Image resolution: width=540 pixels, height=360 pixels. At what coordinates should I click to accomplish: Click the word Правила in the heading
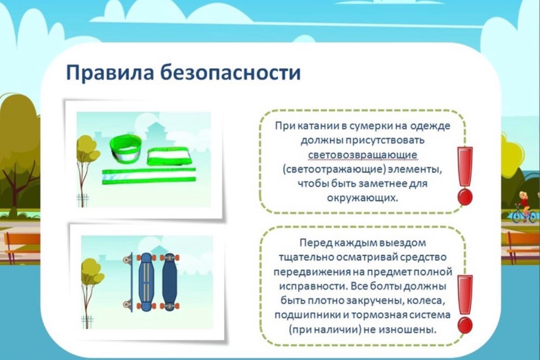click(110, 72)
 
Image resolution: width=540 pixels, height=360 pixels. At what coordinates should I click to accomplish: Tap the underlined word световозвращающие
click(362, 155)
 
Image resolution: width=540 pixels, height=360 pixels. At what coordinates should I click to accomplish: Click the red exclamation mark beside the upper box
click(465, 176)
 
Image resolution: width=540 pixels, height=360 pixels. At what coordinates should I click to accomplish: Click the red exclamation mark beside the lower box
click(465, 304)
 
